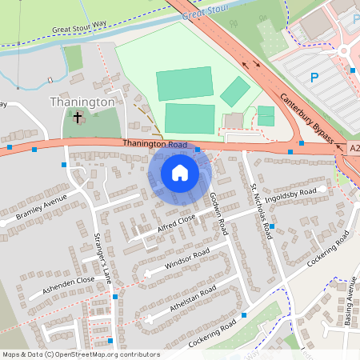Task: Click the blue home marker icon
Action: (x=180, y=173)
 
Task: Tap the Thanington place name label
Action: (x=83, y=102)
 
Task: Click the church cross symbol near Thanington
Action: (x=78, y=118)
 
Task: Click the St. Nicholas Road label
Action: (x=261, y=210)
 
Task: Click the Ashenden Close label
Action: (x=70, y=285)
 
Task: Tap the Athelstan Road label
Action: (x=193, y=300)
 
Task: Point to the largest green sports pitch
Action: (x=185, y=83)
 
